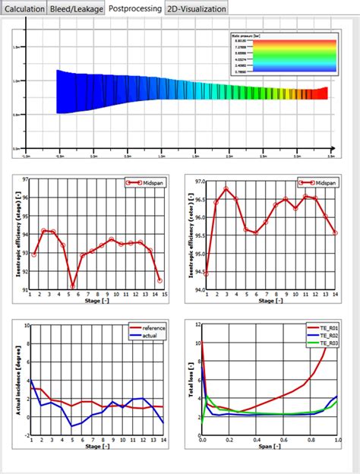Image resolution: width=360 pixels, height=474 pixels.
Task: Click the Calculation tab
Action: coord(24,8)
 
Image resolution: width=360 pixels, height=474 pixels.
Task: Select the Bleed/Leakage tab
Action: coord(76,8)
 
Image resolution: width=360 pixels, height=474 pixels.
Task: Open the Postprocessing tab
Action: coord(134,8)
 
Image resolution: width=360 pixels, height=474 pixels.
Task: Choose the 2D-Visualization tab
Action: coord(196,8)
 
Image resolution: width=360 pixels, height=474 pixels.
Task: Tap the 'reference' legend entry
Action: coord(153,327)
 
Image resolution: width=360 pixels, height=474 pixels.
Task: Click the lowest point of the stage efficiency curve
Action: coord(73,288)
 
